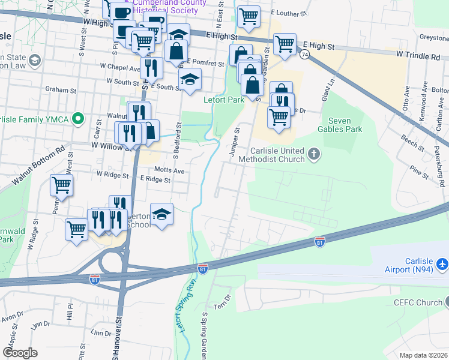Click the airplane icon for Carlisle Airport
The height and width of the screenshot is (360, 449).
tap(442, 264)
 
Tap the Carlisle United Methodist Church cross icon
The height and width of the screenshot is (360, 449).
tap(313, 155)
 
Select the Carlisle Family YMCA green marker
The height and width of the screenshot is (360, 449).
tap(77, 119)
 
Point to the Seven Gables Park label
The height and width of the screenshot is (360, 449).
tap(339, 125)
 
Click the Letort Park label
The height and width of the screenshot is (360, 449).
tap(224, 100)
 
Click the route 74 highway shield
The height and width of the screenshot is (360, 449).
tap(306, 55)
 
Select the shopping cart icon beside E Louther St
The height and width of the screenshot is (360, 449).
tap(249, 17)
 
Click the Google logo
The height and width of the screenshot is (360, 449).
tap(20, 352)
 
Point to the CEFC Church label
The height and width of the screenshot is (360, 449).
tap(417, 302)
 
